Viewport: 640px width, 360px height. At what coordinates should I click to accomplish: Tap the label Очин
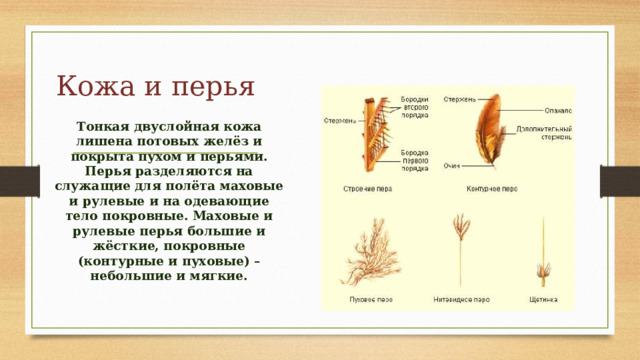click(x=452, y=166)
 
